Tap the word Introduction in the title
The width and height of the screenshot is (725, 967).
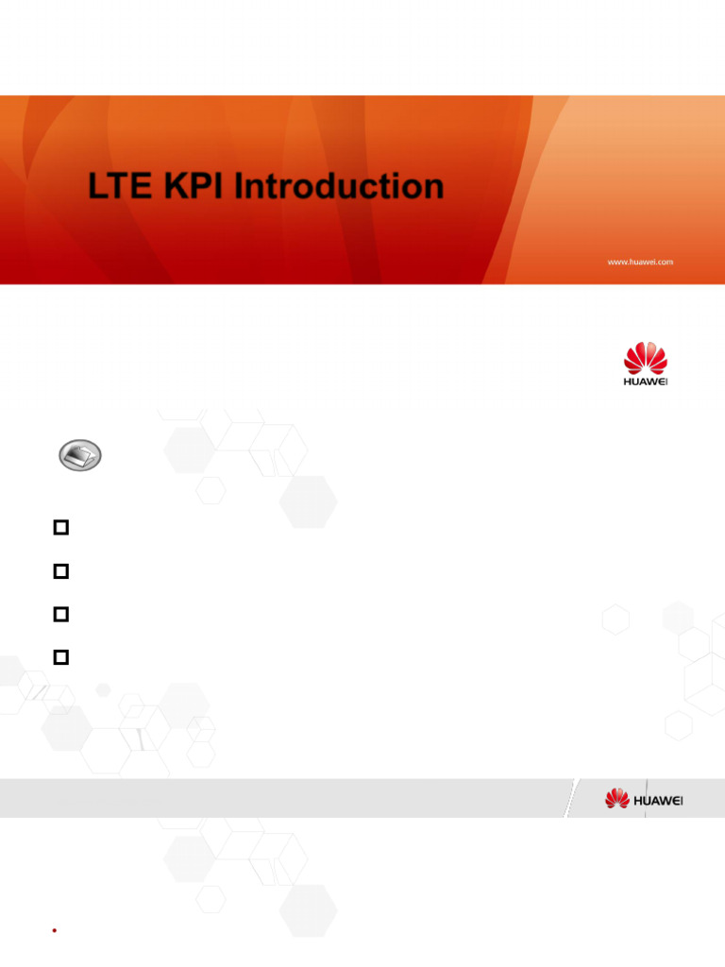[x=339, y=186]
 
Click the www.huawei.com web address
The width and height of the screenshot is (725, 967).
[x=639, y=262]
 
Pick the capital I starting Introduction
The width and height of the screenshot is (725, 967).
[x=241, y=186]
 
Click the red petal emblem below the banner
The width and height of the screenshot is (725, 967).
[x=646, y=358]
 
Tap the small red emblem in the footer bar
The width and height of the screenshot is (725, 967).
[x=616, y=799]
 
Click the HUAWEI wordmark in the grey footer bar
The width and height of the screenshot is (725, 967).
[x=658, y=800]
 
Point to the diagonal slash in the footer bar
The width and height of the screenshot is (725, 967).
[x=570, y=799]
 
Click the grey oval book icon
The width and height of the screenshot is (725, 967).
[x=80, y=457]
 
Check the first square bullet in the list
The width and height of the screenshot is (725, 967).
[x=62, y=528]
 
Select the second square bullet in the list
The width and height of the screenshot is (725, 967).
[x=62, y=571]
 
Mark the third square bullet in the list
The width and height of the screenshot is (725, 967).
[x=62, y=614]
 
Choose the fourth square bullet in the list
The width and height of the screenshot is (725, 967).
[x=62, y=656]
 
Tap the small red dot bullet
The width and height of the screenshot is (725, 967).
[x=56, y=930]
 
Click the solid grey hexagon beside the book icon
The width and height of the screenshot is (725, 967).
[x=188, y=450]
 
